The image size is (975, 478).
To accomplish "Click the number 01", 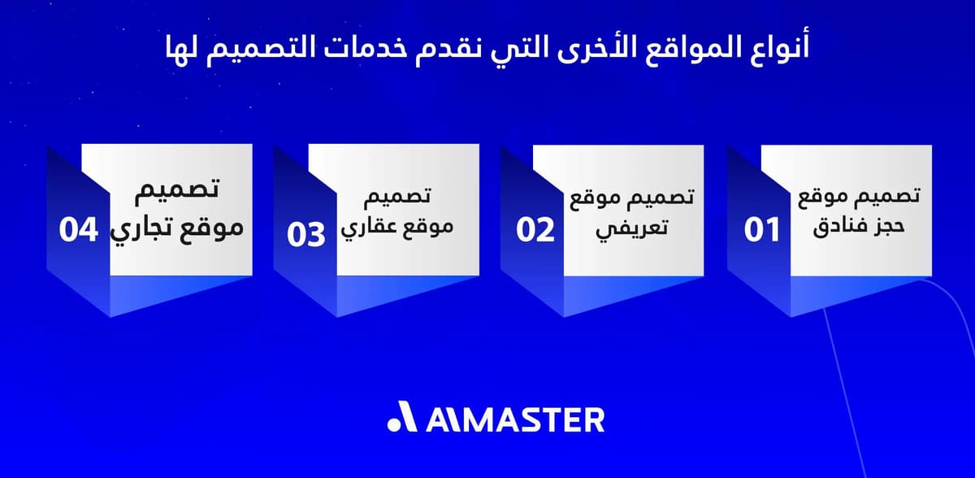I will [763, 230].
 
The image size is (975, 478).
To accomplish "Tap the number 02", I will [536, 230].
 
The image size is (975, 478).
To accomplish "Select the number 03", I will [307, 232].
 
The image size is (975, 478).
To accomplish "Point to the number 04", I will [79, 228].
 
